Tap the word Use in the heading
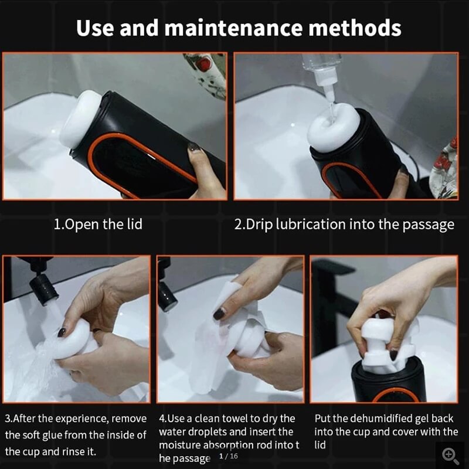(x=96, y=28)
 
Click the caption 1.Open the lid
(x=98, y=224)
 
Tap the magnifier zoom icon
(x=450, y=455)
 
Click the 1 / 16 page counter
(x=228, y=456)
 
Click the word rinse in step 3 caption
(x=84, y=451)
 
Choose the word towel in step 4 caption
(x=240, y=419)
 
